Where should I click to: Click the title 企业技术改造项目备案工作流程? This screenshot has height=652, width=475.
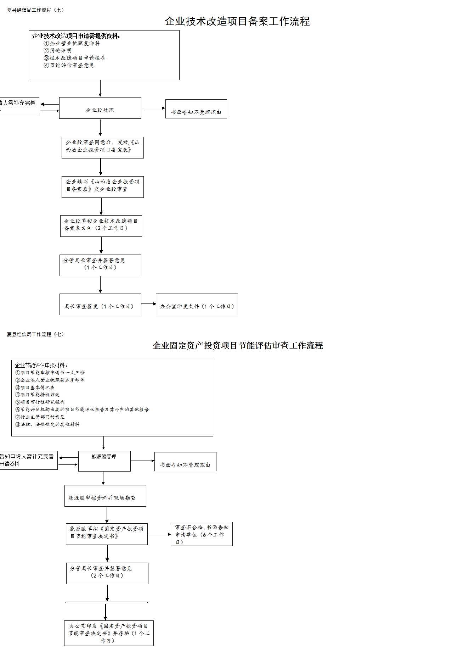[x=237, y=21]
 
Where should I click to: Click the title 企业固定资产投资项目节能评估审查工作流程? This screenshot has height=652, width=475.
[x=238, y=345]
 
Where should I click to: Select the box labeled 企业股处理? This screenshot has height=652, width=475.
[x=100, y=108]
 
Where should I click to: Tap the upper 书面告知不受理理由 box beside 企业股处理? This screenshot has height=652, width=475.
[x=196, y=109]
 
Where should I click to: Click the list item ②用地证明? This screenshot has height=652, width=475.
[x=58, y=50]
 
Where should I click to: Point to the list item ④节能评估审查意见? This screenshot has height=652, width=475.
[x=69, y=65]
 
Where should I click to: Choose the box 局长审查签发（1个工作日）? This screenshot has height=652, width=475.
[x=100, y=304]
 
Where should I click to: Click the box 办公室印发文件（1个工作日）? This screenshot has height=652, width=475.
[x=197, y=304]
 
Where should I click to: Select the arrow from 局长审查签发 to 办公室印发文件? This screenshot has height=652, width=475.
[x=148, y=304]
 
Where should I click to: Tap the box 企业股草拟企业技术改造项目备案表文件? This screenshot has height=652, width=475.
[x=101, y=226]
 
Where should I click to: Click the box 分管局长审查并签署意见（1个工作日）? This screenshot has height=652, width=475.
[x=100, y=265]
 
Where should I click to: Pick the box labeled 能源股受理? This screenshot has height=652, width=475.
[x=104, y=461]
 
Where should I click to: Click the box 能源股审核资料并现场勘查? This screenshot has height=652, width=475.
[x=105, y=496]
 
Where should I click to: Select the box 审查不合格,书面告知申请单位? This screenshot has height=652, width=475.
[x=202, y=534]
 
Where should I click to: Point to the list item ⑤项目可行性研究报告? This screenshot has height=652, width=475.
[x=40, y=402]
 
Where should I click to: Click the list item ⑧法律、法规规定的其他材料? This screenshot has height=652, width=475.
[x=47, y=424]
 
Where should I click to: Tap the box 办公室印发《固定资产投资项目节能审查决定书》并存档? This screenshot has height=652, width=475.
[x=109, y=633]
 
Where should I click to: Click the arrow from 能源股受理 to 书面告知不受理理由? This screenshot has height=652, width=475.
[x=142, y=461]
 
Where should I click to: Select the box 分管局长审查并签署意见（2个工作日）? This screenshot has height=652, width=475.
[x=107, y=573]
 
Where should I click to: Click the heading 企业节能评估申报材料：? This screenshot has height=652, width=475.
[x=41, y=365]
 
